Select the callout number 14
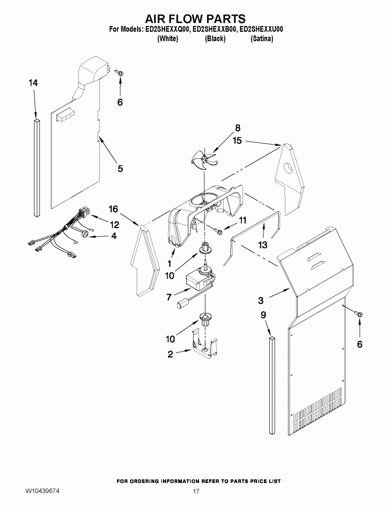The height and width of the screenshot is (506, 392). pos(33,83)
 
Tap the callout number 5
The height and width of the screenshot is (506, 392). pos(120,168)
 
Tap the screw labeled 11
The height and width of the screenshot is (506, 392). pos(220,230)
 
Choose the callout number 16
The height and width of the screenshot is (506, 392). pos(113,209)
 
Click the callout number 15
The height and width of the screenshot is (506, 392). pos(237,140)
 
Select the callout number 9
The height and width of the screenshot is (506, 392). pos(263,315)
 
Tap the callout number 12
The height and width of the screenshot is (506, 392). pos(114,225)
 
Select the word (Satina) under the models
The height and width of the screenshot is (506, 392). pos(262,39)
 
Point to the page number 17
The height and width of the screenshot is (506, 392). pos(196,491)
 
